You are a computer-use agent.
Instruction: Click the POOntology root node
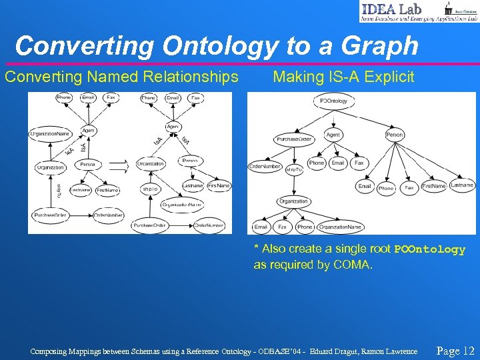[333, 101]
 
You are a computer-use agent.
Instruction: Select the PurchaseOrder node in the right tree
[293, 139]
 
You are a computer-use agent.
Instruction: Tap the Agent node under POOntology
[333, 135]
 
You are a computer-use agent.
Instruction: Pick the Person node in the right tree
[395, 135]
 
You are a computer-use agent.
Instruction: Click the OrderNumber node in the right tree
[265, 166]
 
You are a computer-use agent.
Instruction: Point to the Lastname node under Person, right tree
[461, 185]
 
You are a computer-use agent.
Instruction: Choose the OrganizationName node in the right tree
[340, 227]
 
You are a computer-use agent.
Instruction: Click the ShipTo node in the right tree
[294, 170]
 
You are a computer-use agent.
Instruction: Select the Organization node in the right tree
[293, 201]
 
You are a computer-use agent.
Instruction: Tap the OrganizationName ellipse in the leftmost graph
[50, 133]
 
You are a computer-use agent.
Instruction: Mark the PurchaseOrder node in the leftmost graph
[51, 215]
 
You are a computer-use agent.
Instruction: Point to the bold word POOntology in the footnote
[429, 249]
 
